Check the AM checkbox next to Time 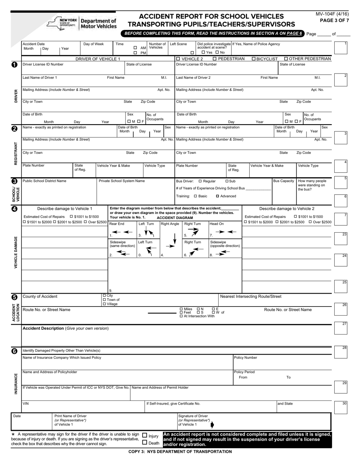coord(135,48)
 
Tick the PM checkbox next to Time coord(135,53)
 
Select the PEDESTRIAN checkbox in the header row coord(215,59)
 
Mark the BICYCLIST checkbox coord(254,59)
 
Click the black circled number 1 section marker coord(14,65)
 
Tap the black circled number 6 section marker coord(14,351)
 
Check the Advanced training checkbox coord(218,196)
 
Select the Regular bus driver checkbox coord(200,181)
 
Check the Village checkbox coord(105,304)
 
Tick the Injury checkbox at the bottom coord(144,436)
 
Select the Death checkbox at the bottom coord(144,443)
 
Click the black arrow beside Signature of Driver coord(212,424)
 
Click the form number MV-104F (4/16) coord(332,14)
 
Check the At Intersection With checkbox coord(181,316)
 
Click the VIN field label coord(26,404)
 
